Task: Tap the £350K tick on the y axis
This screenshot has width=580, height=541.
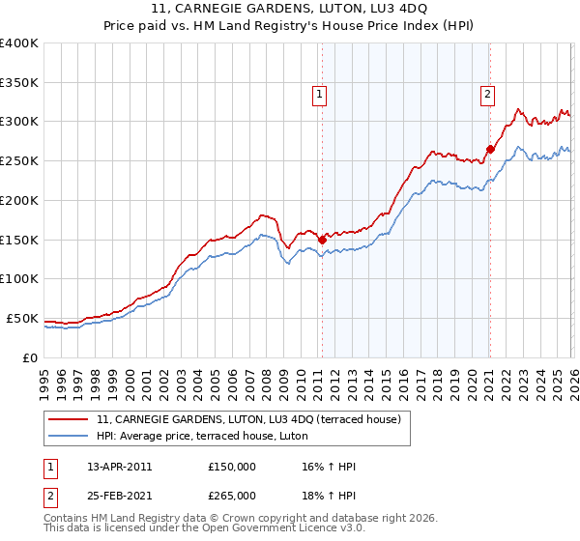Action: pos(19,83)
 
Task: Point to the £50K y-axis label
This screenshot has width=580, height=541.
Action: pos(22,318)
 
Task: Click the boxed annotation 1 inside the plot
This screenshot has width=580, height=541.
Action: pos(319,94)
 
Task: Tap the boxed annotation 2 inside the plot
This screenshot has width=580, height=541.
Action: pos(487,94)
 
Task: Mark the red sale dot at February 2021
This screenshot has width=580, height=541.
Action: pos(490,149)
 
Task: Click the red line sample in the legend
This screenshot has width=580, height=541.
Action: pos(70,419)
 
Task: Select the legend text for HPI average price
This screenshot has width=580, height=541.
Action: pos(202,437)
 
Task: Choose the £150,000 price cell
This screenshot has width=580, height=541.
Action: pos(231,467)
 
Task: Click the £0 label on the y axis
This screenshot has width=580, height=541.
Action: pos(29,357)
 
